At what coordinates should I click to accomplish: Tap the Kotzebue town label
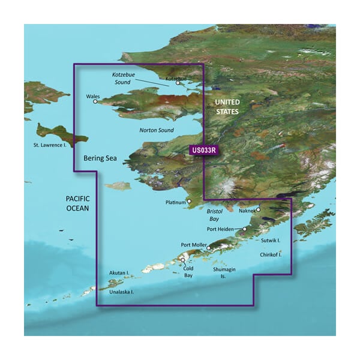coord(176,78)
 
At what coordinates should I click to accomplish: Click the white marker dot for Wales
coord(95,102)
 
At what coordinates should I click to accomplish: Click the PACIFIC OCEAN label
coord(77,203)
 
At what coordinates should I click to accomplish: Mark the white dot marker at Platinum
coord(189,202)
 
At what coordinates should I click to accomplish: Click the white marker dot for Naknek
coord(258,209)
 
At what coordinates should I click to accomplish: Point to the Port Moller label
coord(193,245)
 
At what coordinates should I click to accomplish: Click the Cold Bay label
coord(188,272)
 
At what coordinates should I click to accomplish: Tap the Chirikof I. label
coord(271,254)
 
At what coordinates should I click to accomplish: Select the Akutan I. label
coord(119,273)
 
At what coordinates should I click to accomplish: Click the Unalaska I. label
coord(122,292)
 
